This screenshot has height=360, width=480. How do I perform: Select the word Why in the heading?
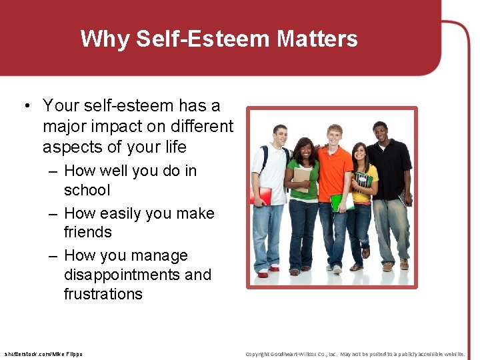105,39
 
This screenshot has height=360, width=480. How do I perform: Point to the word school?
87,190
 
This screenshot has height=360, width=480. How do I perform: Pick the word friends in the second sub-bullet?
87,232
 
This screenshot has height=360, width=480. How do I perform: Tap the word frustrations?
103,294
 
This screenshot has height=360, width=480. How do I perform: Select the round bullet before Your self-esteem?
25,106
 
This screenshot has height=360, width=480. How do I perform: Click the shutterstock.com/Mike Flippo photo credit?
43,353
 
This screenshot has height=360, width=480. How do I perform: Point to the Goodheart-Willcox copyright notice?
355,353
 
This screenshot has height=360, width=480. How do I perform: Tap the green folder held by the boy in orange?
338,202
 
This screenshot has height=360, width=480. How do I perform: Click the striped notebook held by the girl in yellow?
363,181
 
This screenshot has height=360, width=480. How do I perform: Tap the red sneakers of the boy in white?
265,271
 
